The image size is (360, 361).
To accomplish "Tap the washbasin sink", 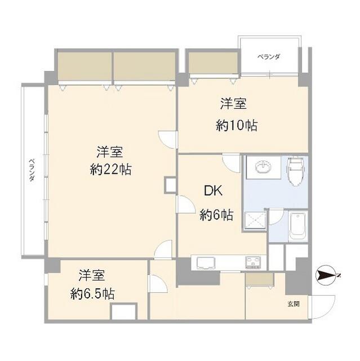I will tap(263, 168).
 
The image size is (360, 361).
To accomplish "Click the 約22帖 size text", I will tap(110, 169).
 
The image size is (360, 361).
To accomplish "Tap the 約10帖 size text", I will tap(237, 126).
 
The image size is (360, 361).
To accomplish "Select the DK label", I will tap(213, 191).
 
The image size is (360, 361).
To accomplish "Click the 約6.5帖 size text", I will tap(93, 293).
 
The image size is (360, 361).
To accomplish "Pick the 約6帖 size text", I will tap(216, 215).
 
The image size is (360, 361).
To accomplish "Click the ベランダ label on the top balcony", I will tap(269, 57).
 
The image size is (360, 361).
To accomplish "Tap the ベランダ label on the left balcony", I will tap(32, 170).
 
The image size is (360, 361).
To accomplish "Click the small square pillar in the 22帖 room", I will tap(170, 185).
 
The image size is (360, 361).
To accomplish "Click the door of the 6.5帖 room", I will tap(157, 284).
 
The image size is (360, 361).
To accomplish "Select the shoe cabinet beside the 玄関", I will tap(259, 279).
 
